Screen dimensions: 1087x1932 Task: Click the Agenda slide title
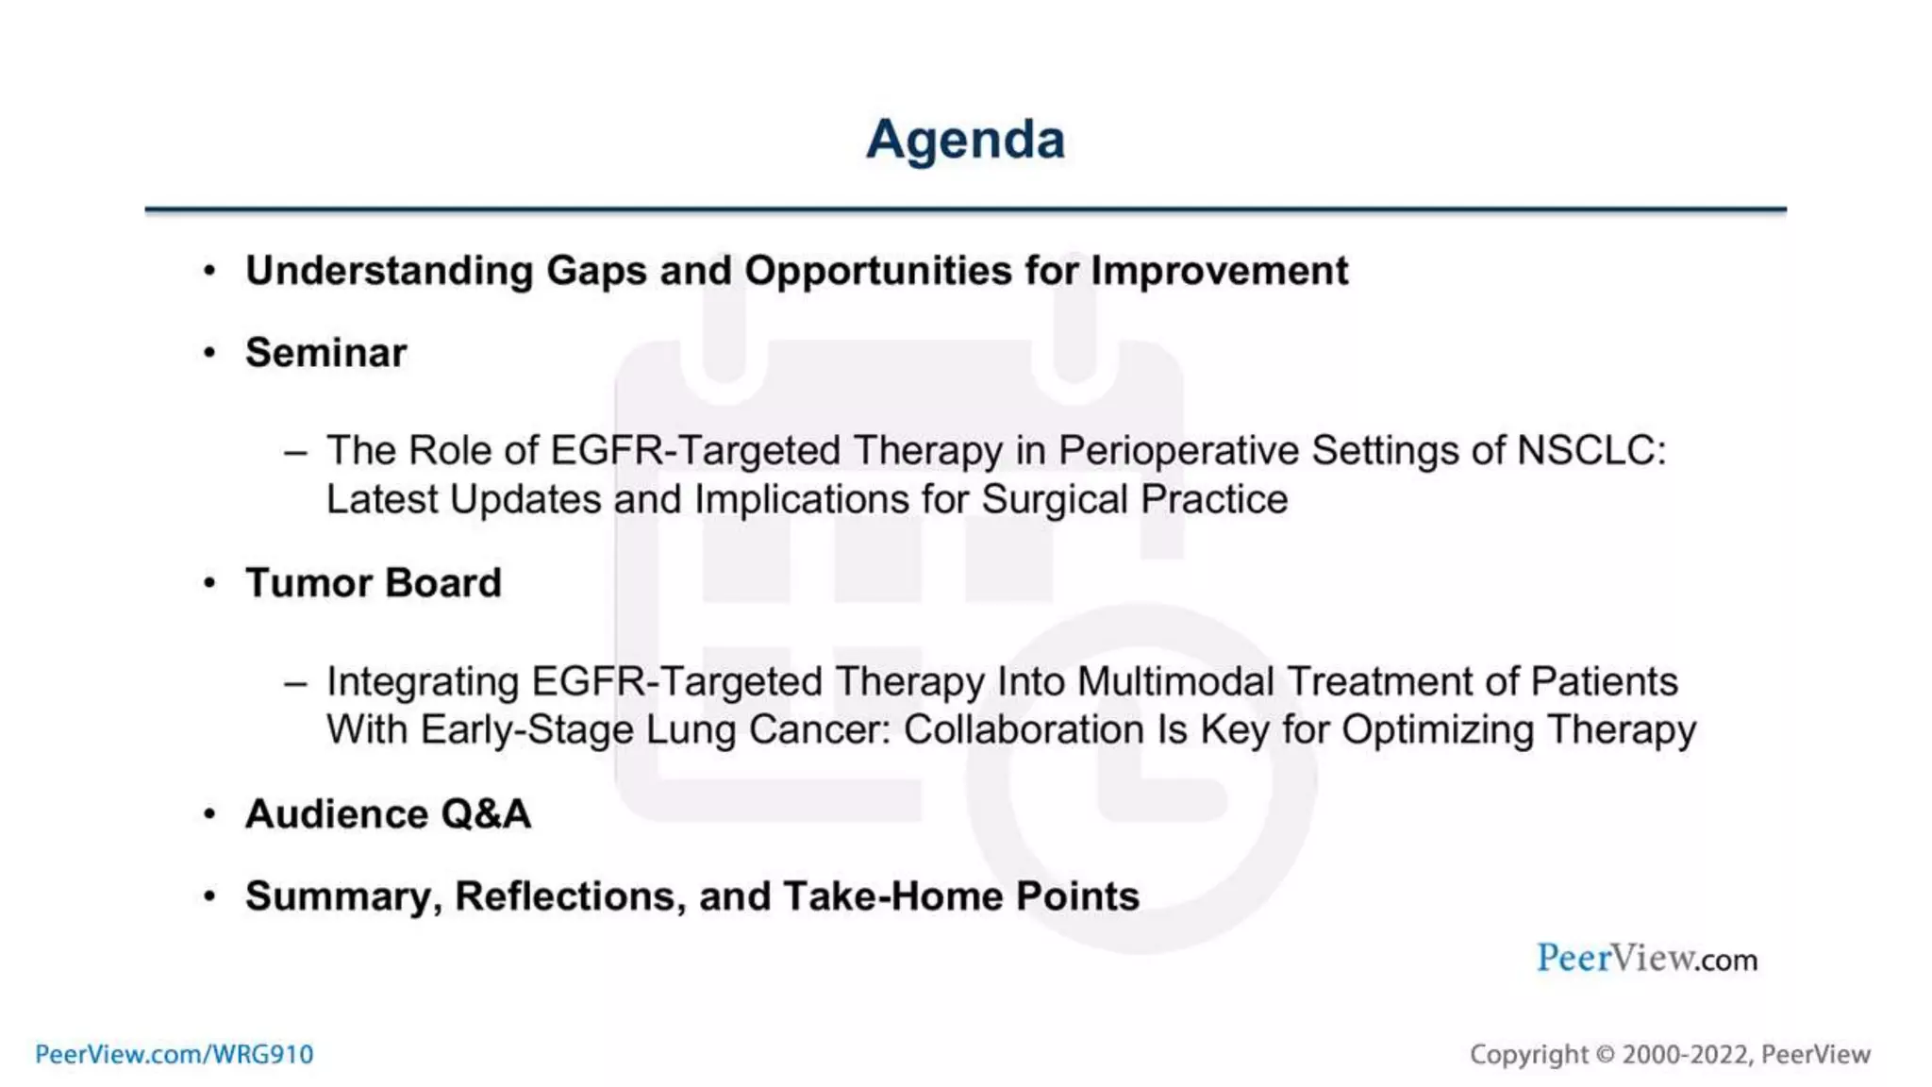tap(965, 140)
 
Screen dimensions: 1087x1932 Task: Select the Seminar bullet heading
tap(325, 353)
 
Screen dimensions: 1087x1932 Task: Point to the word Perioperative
tap(1178, 451)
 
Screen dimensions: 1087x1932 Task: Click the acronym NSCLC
tap(1591, 450)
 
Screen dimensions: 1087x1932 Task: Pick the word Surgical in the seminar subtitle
tap(1054, 500)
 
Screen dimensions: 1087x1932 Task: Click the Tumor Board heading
tap(373, 583)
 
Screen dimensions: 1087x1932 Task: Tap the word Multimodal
tap(1174, 681)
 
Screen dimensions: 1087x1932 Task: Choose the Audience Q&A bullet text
tap(388, 814)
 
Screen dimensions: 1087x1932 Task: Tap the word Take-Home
tap(892, 896)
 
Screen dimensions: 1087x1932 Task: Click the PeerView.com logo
tap(1646, 959)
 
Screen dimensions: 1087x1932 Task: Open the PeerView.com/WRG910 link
tap(174, 1054)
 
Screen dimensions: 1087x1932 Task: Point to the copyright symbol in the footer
tap(1605, 1054)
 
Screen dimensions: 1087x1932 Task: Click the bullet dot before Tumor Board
tap(209, 583)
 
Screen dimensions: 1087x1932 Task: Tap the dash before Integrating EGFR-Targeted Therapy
tap(295, 682)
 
